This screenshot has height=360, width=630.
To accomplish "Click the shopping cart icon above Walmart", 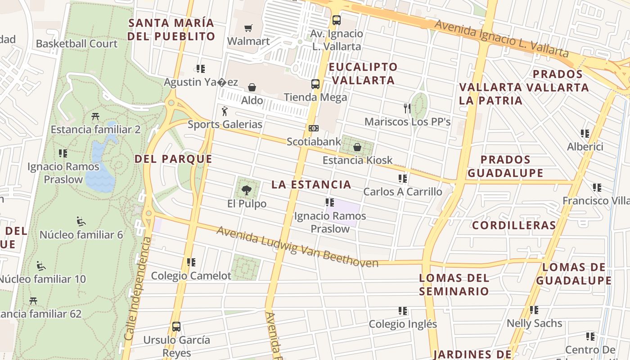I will tap(248, 28).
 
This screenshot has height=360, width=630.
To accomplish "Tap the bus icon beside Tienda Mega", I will tap(315, 84).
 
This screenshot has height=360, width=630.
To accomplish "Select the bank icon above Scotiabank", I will tap(314, 128).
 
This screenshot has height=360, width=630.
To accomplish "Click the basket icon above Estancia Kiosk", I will tap(357, 147).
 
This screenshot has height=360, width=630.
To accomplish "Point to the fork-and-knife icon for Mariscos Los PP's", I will tap(407, 108).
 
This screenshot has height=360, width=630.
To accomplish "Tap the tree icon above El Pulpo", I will tap(247, 190).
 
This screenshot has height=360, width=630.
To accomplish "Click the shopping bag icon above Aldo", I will tap(252, 87).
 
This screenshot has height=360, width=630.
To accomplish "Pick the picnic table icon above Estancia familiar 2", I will tap(95, 117).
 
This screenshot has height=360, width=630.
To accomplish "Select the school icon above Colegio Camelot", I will tap(191, 262).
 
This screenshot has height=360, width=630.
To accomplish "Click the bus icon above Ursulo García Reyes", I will tap(176, 326).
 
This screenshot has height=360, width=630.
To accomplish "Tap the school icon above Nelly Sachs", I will tap(534, 310).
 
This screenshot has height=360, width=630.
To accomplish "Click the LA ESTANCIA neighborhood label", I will tap(311, 184).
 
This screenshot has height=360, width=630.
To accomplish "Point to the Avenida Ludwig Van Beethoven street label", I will tap(297, 247).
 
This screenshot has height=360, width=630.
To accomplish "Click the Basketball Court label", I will tap(76, 44).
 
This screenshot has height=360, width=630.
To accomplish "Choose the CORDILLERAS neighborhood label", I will tap(514, 225).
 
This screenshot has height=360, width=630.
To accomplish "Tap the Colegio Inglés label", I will tap(403, 324).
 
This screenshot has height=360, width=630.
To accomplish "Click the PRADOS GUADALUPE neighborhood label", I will tap(505, 166).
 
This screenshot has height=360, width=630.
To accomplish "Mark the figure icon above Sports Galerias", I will tap(225, 111).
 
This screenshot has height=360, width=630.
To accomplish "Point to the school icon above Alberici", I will tap(585, 133).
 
